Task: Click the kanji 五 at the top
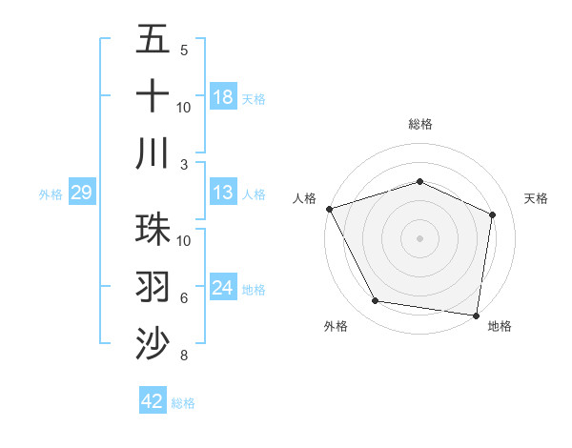[x=153, y=40]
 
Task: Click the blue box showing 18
[x=223, y=96]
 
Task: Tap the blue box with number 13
[x=223, y=193]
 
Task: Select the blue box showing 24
[x=223, y=288]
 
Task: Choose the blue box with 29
[x=81, y=193]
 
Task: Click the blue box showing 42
[x=153, y=401]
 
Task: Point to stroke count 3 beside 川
[x=185, y=164]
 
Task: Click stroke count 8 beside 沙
[x=184, y=356]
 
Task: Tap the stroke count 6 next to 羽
[x=184, y=298]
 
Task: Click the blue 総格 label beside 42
[x=183, y=403]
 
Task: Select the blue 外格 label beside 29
[x=51, y=194]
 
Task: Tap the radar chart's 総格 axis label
[x=419, y=124]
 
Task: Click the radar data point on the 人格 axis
[x=329, y=209]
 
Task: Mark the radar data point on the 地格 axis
[x=476, y=315]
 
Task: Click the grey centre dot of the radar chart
[x=419, y=238]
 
